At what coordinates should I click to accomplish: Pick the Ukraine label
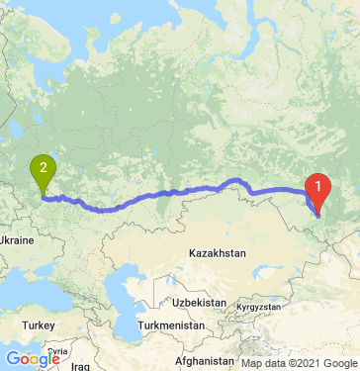point(17,239)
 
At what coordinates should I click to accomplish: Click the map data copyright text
point(297,363)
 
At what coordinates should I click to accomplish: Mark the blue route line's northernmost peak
point(237,179)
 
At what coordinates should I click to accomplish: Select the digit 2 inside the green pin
point(43,168)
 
